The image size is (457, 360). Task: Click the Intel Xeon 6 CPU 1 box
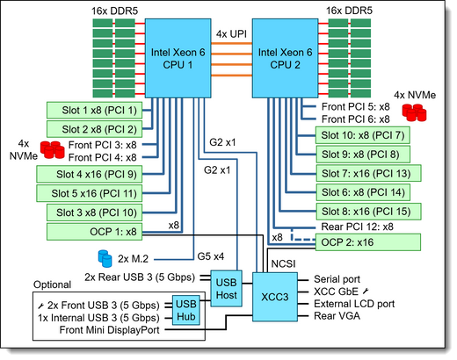click(x=178, y=58)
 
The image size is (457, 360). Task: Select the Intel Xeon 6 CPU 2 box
click(x=285, y=58)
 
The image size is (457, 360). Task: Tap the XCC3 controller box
click(x=275, y=297)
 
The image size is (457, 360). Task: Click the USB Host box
click(x=226, y=289)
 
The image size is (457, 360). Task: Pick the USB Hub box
click(x=186, y=310)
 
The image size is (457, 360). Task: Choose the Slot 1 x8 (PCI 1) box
click(x=94, y=111)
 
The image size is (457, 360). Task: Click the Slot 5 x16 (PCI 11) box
click(x=89, y=193)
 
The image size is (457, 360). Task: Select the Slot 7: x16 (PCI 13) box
click(x=368, y=174)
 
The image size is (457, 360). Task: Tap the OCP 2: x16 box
click(x=368, y=242)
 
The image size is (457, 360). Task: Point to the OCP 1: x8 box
click(x=94, y=232)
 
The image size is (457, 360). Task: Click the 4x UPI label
click(x=231, y=34)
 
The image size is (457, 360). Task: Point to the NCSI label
click(x=283, y=264)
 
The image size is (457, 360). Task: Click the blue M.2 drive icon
click(x=105, y=258)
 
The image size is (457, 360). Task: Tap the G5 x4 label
click(x=211, y=256)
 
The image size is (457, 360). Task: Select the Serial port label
click(x=337, y=279)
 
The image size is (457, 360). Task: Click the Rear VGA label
click(x=337, y=316)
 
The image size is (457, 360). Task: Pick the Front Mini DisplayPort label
click(x=109, y=330)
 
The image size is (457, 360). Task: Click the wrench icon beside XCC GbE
click(x=366, y=292)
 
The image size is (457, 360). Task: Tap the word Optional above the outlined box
click(x=52, y=284)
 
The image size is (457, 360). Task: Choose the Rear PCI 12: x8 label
click(x=357, y=227)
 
